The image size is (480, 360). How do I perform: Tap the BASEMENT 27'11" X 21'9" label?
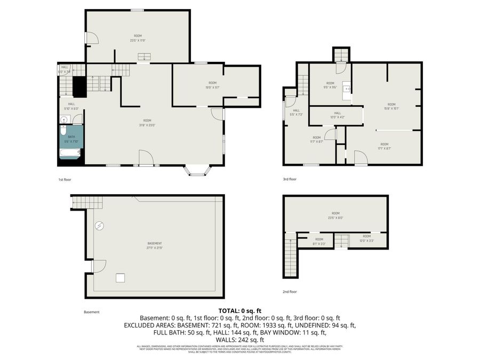pyautogui.click(x=154, y=246)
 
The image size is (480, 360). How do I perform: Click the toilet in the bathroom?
pyautogui.click(x=63, y=130)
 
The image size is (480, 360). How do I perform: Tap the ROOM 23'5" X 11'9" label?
pyautogui.click(x=138, y=38)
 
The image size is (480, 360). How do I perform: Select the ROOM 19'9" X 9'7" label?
pyautogui.click(x=212, y=85)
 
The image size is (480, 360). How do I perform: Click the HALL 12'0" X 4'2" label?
pyautogui.click(x=337, y=115)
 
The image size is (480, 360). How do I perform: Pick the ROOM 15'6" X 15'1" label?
pyautogui.click(x=391, y=106)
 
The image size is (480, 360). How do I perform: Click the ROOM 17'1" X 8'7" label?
pyautogui.click(x=384, y=146)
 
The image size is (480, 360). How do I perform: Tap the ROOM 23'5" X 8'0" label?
pyautogui.click(x=335, y=215)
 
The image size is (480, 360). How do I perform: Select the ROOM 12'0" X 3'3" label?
pyautogui.click(x=366, y=238)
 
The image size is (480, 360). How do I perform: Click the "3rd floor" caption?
pyautogui.click(x=290, y=180)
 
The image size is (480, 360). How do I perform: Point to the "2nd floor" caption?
pyautogui.click(x=290, y=292)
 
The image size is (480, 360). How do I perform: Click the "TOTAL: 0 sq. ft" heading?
pyautogui.click(x=240, y=310)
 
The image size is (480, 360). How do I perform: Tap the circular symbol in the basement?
pyautogui.click(x=99, y=226)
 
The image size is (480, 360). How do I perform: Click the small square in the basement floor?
pyautogui.click(x=120, y=277)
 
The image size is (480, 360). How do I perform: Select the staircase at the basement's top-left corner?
pyautogui.click(x=86, y=203)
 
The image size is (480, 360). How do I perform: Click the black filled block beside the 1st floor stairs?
pyautogui.click(x=79, y=85)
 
